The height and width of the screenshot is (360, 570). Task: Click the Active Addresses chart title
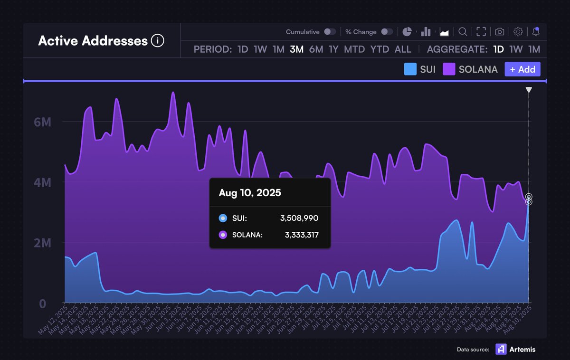[x=93, y=41]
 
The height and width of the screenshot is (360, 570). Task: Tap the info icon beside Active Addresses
[x=157, y=41]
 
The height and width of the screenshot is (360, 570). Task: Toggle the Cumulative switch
[x=330, y=32]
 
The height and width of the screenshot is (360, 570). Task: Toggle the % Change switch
[x=387, y=32]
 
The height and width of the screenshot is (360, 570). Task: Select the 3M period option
[x=296, y=49]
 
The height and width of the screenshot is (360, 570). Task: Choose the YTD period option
[x=380, y=49]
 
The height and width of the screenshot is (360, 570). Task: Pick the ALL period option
[x=403, y=49]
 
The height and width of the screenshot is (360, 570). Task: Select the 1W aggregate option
[x=516, y=49]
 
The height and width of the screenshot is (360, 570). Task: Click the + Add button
[x=522, y=69]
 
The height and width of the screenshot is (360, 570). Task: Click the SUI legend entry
[x=420, y=69]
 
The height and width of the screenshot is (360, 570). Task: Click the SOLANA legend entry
[x=470, y=69]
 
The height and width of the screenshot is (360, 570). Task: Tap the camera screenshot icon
[x=500, y=32]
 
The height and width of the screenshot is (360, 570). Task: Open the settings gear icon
[x=518, y=32]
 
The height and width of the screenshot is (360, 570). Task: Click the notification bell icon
[x=536, y=32]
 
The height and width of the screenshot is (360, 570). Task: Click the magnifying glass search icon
[x=462, y=32]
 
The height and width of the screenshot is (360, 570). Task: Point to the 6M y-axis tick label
[x=42, y=122]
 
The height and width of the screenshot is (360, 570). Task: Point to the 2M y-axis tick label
[x=42, y=243]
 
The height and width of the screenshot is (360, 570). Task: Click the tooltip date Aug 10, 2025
[x=250, y=193]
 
